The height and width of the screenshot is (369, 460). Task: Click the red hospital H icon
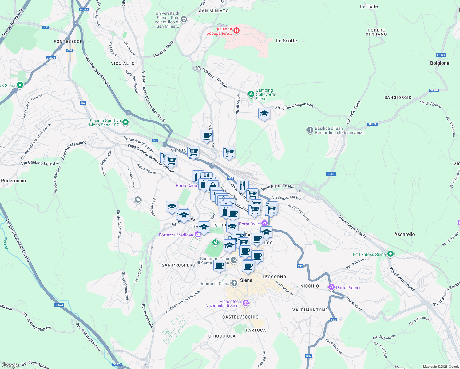(236, 30)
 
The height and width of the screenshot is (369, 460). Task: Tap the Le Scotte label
(286, 41)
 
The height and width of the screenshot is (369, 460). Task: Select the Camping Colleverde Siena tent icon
(251, 94)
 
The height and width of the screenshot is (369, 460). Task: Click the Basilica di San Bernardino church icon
(310, 130)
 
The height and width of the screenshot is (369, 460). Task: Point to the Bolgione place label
(440, 63)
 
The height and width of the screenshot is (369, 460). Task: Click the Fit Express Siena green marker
(390, 254)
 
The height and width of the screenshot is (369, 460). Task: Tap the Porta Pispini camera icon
(331, 287)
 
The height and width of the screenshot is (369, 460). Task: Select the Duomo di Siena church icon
(234, 283)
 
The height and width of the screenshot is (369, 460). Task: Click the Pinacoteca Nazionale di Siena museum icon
(245, 304)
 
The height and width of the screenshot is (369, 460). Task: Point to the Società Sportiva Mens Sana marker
(125, 122)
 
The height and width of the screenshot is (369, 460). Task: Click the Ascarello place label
(404, 234)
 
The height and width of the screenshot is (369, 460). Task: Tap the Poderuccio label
(14, 181)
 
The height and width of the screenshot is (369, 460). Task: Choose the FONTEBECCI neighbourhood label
(68, 42)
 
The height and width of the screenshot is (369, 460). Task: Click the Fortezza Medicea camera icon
(198, 235)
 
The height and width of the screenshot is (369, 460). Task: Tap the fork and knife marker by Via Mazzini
(243, 185)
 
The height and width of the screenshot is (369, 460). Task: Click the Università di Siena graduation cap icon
(184, 20)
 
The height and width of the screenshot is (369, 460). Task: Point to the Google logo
(10, 365)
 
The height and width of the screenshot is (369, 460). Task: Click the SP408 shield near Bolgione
(441, 55)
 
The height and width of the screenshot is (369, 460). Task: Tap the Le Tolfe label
(369, 6)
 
